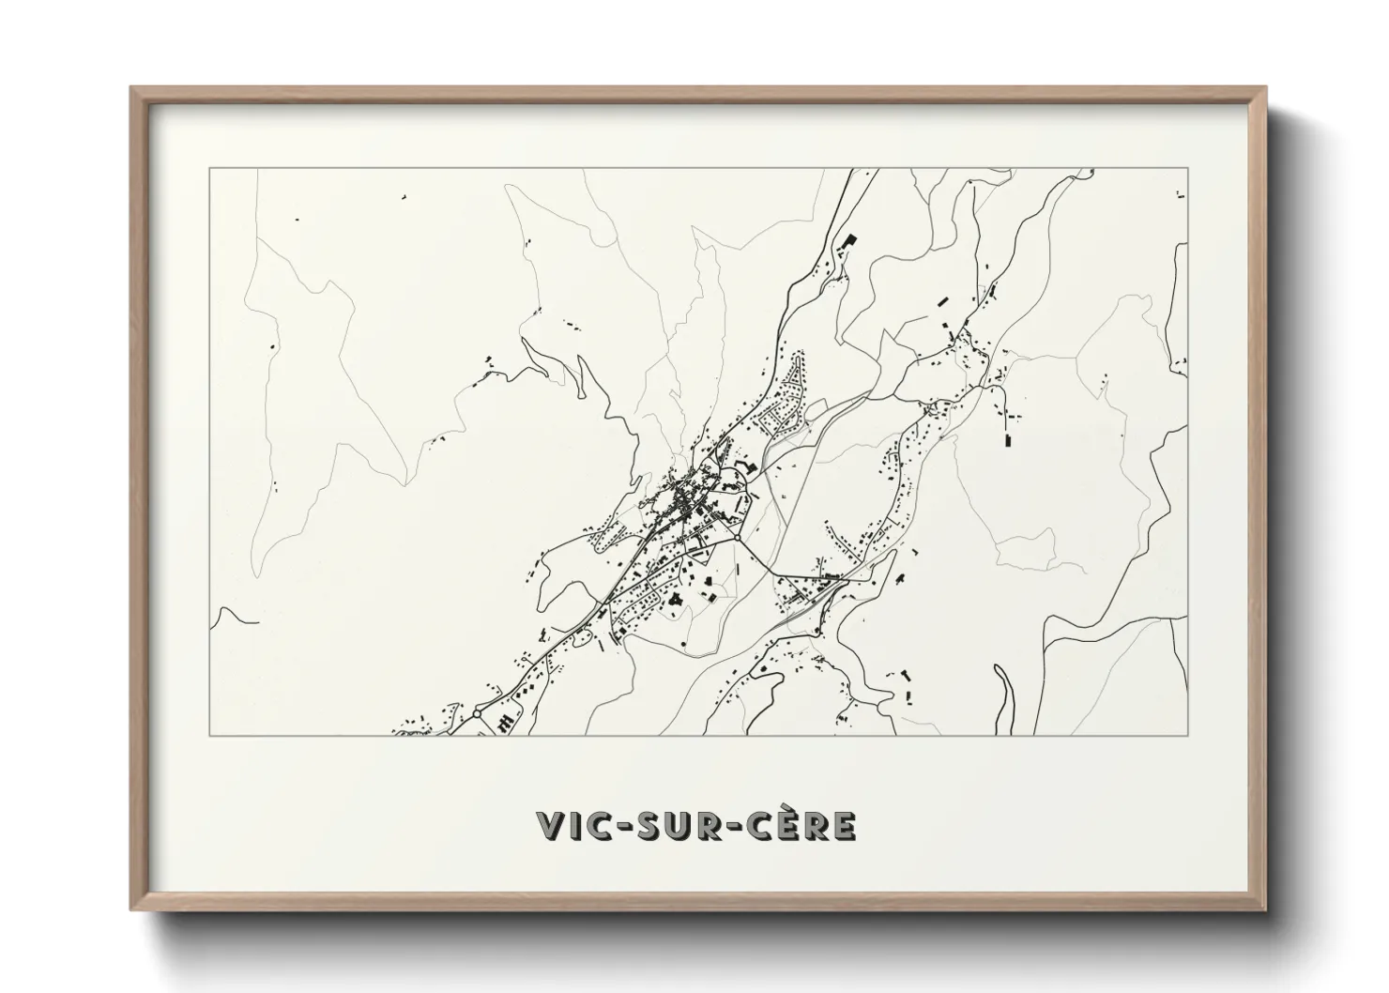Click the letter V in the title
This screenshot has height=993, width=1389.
pos(549,826)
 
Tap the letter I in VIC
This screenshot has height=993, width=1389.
pos(573,826)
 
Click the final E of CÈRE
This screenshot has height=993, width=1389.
pos(843,826)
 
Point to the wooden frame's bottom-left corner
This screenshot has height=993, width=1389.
pos(132,909)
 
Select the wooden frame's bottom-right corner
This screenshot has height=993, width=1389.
pos(1265,909)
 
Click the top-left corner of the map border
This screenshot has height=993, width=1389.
pos(209,169)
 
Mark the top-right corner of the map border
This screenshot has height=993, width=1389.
pos(1187,169)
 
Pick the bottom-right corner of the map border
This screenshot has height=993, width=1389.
pos(1187,735)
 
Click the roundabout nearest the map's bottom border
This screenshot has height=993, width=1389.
pos(477,713)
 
